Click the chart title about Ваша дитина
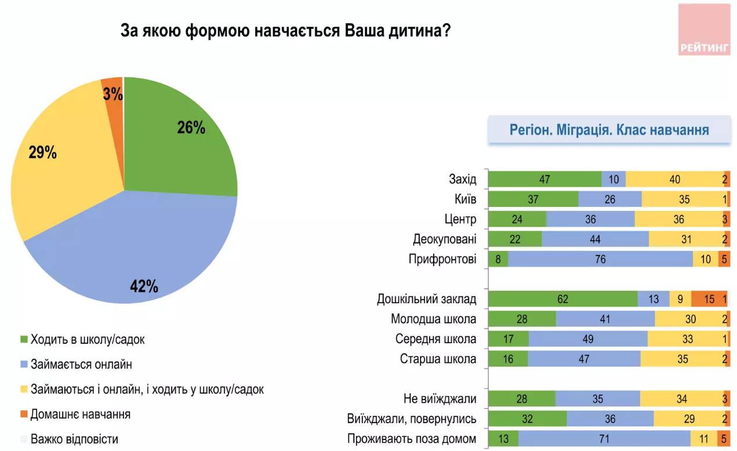(x=285, y=31)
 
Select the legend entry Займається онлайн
(x=81, y=365)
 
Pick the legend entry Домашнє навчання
(x=80, y=414)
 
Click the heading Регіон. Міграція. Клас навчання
(x=609, y=130)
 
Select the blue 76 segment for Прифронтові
(x=600, y=259)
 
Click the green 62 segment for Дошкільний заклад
(x=562, y=299)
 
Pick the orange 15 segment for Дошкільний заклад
(x=709, y=299)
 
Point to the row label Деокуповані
(x=445, y=239)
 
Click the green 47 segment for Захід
(x=544, y=179)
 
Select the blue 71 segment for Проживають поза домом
(x=604, y=439)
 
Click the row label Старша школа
(x=438, y=359)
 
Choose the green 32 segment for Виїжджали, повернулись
(x=527, y=419)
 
